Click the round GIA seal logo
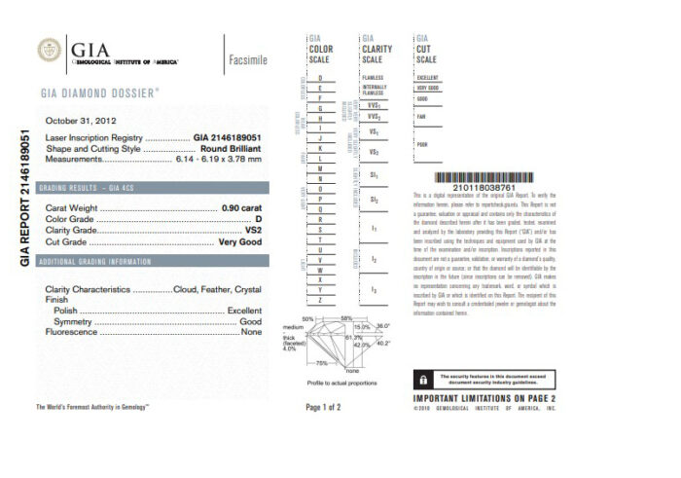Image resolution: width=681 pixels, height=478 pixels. point(49,50)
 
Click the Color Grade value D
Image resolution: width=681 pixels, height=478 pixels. point(259,220)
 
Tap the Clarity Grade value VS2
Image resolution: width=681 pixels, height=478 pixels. point(254,231)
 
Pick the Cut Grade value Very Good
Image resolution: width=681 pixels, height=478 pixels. point(240,241)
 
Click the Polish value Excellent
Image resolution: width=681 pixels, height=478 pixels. point(244,310)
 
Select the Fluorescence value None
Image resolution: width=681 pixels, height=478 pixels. point(252,332)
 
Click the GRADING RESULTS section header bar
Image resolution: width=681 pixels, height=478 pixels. point(150,187)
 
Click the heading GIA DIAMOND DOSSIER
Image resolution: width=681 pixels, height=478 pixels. point(100,92)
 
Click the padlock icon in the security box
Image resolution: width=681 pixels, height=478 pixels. point(423,378)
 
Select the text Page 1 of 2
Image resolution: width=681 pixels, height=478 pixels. point(323,407)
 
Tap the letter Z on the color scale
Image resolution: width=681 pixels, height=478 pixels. point(320,300)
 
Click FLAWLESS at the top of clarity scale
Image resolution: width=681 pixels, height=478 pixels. point(373,77)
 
